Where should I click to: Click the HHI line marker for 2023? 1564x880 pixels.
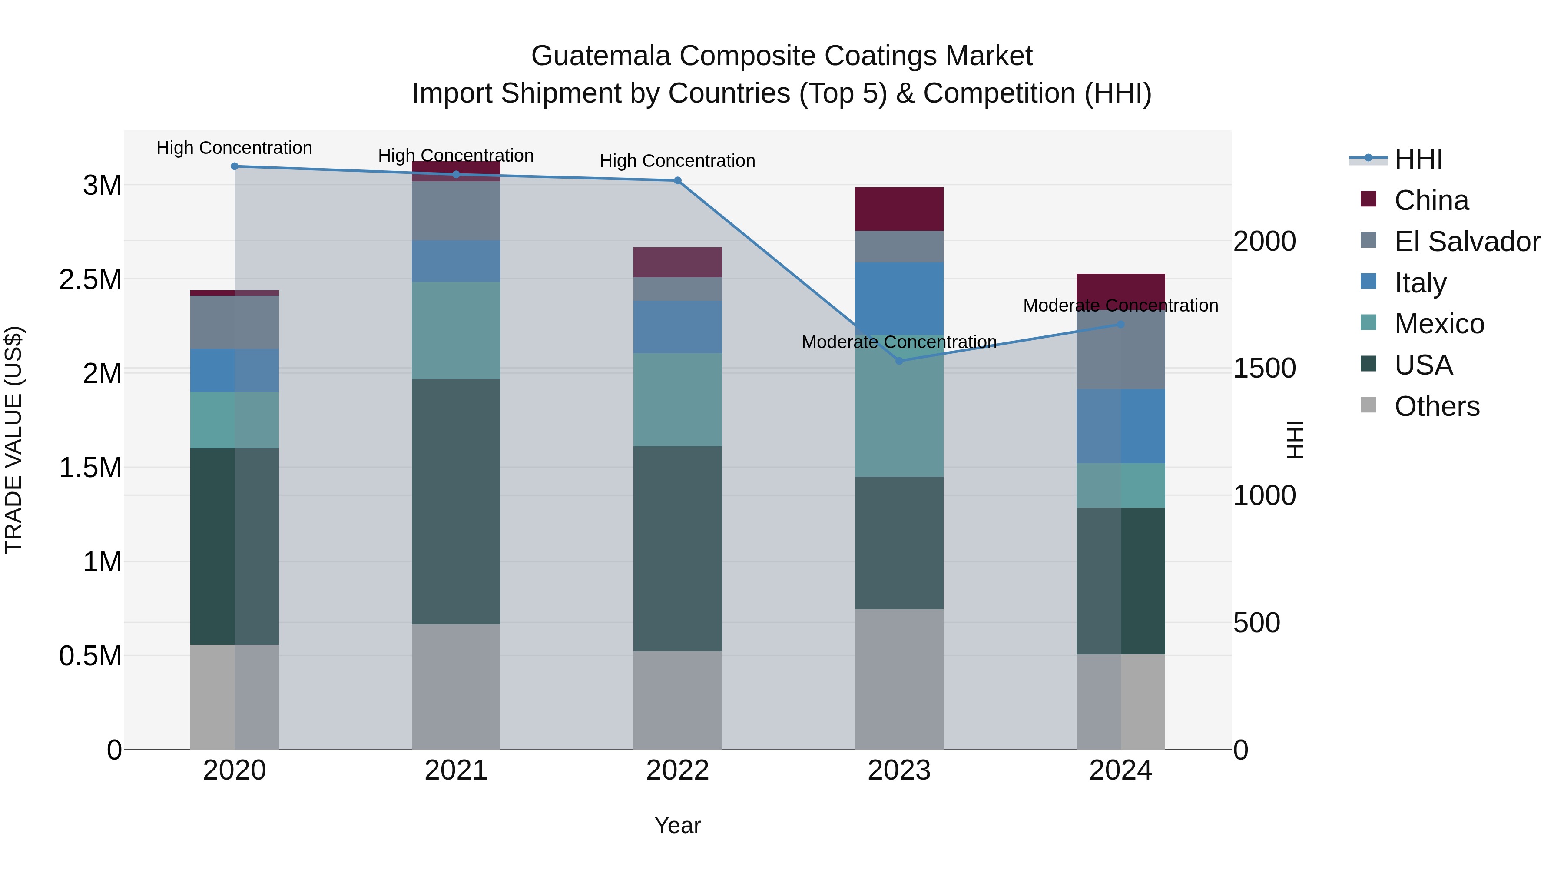click(x=899, y=361)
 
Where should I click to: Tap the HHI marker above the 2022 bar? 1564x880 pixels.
click(x=678, y=180)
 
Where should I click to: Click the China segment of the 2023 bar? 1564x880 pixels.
click(x=899, y=209)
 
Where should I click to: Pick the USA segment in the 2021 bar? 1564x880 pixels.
click(x=456, y=501)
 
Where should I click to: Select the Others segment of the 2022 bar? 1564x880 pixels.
click(x=678, y=700)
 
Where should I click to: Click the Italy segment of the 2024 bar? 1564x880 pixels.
click(x=1121, y=426)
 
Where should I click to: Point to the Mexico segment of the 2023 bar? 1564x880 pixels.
click(x=899, y=406)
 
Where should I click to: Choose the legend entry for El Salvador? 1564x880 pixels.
click(x=1466, y=242)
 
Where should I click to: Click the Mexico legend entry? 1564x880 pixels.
click(x=1439, y=324)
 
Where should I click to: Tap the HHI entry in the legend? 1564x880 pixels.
click(x=1418, y=159)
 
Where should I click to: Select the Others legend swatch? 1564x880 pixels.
click(x=1368, y=405)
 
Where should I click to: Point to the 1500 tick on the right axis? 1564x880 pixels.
click(x=1264, y=368)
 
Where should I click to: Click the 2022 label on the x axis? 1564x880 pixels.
click(x=678, y=770)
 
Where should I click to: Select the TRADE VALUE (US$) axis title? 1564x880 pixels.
click(x=13, y=440)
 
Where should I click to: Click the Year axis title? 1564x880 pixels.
click(x=678, y=825)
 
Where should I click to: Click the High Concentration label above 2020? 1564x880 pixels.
click(x=234, y=148)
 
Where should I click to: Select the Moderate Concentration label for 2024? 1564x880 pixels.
click(x=1121, y=306)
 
